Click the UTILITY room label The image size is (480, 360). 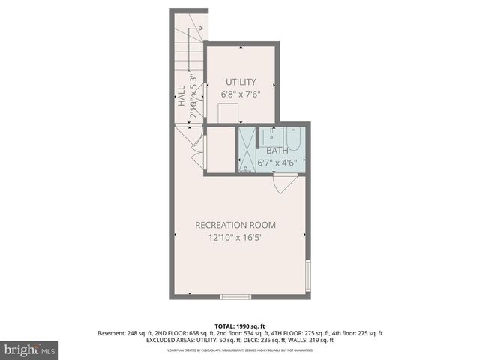pyautogui.click(x=241, y=82)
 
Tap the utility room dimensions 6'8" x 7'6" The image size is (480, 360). pyautogui.click(x=241, y=94)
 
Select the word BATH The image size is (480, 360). pyautogui.click(x=277, y=151)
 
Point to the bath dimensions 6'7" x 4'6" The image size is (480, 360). pyautogui.click(x=277, y=162)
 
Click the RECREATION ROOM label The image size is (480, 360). pyautogui.click(x=235, y=225)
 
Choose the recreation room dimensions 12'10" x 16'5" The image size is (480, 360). pyautogui.click(x=235, y=238)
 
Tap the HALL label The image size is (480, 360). pyautogui.click(x=181, y=97)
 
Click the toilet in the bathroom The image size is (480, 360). pyautogui.click(x=293, y=139)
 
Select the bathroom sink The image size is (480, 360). pyautogui.click(x=271, y=136)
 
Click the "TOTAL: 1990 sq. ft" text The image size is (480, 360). pyautogui.click(x=240, y=325)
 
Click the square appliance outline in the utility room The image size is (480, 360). pyautogui.click(x=228, y=113)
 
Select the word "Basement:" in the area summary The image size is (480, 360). pyautogui.click(x=112, y=333)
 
